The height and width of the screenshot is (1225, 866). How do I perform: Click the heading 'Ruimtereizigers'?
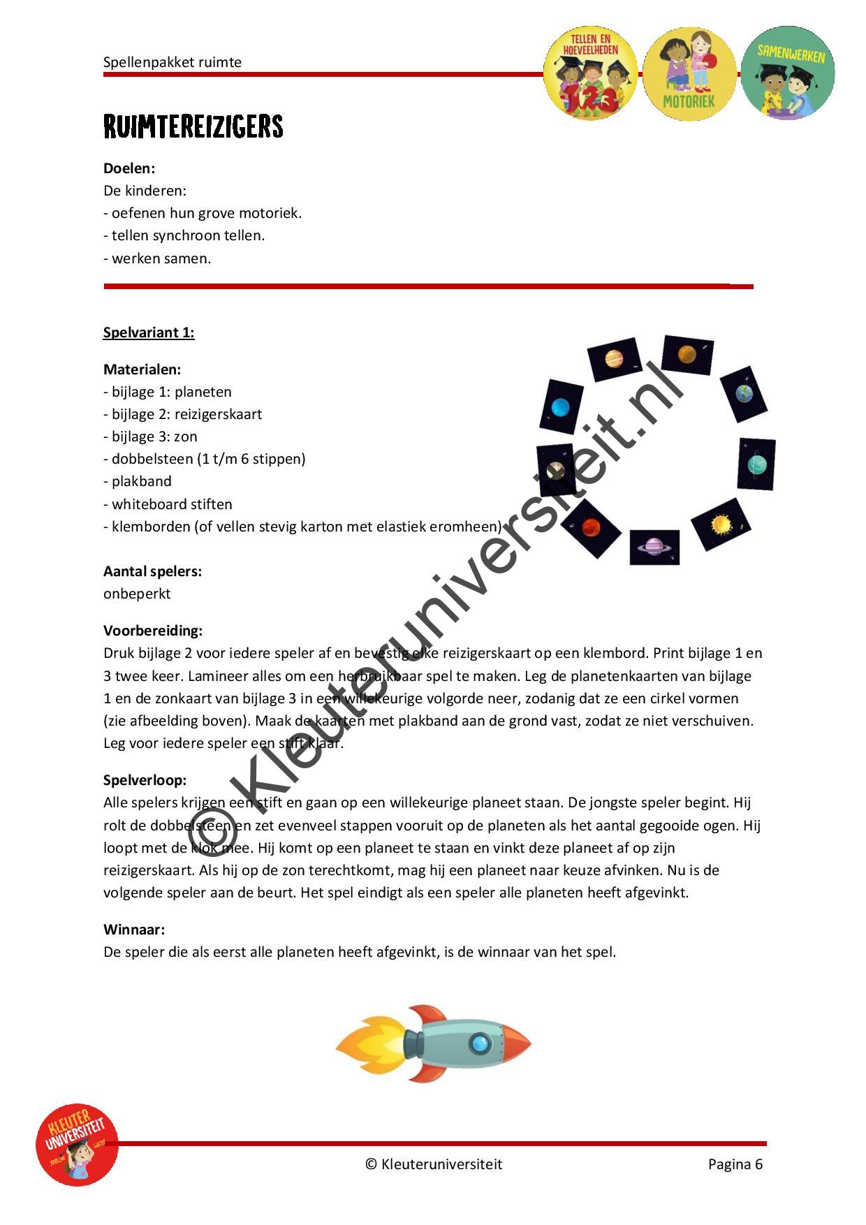tap(193, 126)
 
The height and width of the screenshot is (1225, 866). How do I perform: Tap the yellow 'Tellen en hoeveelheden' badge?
tap(590, 73)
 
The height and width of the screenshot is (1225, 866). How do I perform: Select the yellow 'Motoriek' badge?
tap(689, 73)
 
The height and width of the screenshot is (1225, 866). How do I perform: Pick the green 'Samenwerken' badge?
tap(788, 73)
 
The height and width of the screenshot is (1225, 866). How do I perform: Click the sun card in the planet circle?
tap(721, 524)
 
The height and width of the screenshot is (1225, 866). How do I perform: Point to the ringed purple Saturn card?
tap(654, 547)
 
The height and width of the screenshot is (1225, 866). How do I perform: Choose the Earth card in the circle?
tap(744, 394)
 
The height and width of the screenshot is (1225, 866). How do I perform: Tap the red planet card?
tap(591, 529)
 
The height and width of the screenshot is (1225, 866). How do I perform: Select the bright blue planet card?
tap(561, 406)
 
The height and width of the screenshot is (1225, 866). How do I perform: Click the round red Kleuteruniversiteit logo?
tap(77, 1144)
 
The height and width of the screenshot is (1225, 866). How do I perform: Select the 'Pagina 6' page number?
tap(735, 1164)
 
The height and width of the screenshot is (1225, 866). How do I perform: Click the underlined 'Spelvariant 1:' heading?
tap(149, 332)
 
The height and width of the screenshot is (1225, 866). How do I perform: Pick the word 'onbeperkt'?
tap(137, 594)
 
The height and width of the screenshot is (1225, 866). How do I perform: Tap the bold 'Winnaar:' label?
tap(134, 930)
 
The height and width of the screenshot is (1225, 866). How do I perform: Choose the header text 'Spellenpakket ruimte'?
tap(173, 62)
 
